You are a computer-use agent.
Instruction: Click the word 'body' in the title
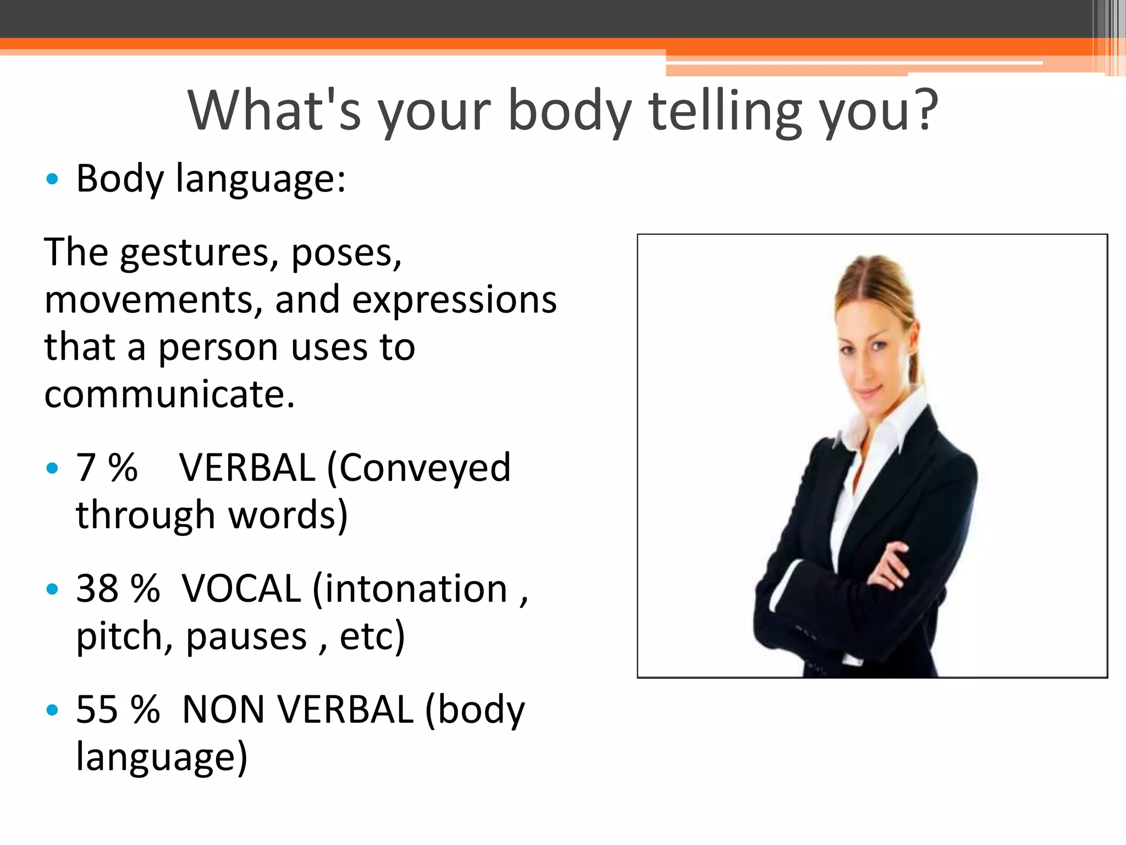570,112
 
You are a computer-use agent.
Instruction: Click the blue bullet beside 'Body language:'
52,179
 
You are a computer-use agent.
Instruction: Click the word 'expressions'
454,300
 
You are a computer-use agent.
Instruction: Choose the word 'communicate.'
169,394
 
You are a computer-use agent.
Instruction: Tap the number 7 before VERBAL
86,468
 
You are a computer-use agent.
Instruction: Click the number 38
97,589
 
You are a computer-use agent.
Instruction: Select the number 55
97,709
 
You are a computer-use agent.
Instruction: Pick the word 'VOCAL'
241,589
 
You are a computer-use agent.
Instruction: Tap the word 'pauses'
246,637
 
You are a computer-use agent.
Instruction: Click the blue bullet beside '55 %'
52,710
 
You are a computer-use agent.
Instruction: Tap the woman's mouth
869,392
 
